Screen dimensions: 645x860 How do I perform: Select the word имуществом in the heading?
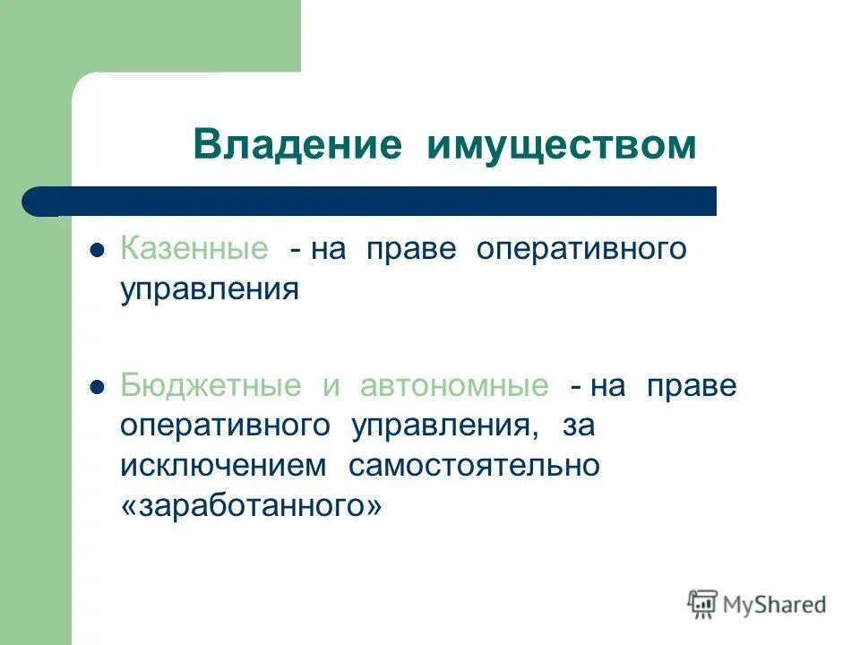[562, 144]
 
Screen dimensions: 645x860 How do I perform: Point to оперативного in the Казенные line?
[581, 249]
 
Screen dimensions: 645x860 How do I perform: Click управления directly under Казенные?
[210, 289]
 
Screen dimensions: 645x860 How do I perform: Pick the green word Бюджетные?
[211, 386]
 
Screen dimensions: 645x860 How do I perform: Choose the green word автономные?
[454, 386]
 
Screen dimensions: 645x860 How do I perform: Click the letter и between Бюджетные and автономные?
[331, 387]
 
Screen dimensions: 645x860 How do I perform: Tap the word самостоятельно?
[473, 466]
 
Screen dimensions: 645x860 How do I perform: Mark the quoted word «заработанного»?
[251, 506]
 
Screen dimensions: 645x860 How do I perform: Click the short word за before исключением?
[579, 426]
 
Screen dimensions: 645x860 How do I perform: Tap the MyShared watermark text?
[776, 605]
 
